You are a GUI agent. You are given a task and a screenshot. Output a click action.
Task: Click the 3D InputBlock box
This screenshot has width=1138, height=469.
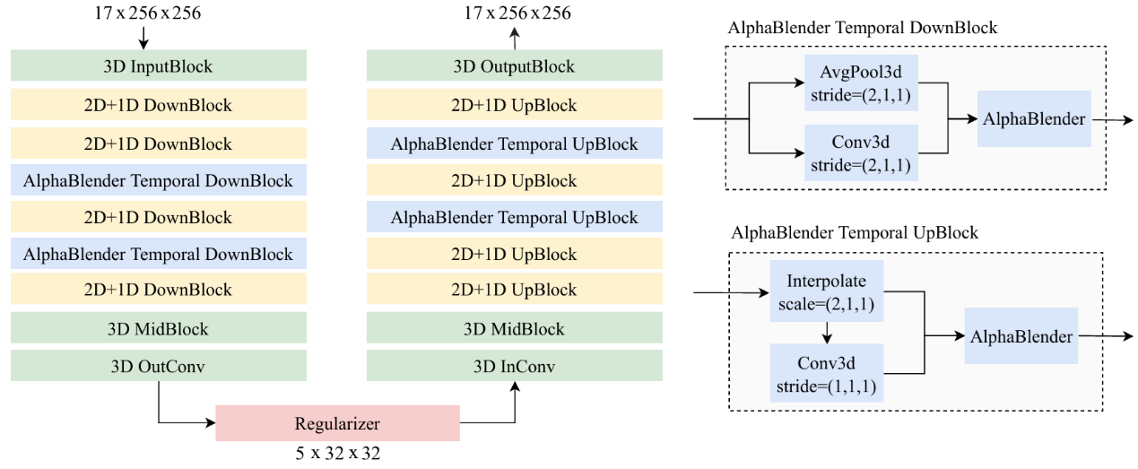159,66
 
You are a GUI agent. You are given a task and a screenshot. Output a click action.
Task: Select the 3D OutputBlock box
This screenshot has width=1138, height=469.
514,66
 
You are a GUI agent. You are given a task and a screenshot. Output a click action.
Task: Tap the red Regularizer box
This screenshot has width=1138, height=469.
337,423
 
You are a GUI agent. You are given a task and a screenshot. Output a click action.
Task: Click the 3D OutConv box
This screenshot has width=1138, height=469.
159,366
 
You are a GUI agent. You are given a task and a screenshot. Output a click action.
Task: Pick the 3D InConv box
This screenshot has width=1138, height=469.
514,366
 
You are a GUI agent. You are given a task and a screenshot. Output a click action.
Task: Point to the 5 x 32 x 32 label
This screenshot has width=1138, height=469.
337,454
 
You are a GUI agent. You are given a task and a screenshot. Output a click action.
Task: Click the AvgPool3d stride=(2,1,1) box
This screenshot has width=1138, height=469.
861,81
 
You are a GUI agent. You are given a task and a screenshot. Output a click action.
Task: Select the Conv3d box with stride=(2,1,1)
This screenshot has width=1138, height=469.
861,152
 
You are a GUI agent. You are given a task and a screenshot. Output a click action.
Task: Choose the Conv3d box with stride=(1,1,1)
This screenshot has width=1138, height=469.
827,376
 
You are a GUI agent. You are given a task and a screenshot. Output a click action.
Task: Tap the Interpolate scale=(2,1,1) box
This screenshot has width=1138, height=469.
827,292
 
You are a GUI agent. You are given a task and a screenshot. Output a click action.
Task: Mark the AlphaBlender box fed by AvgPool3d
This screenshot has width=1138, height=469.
1034,118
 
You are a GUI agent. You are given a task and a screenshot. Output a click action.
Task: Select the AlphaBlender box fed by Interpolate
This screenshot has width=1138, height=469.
1021,337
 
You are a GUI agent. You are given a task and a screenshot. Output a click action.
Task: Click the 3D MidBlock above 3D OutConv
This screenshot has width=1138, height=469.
159,329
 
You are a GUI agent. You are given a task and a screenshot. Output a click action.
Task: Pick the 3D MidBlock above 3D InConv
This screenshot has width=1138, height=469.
514,329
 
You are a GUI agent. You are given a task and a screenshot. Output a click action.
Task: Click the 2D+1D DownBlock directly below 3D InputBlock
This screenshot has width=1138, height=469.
159,106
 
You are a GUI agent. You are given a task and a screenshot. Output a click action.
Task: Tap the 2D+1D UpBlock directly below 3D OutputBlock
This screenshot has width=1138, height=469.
514,106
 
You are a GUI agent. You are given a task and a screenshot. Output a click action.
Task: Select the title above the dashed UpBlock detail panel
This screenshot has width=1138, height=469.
855,232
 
